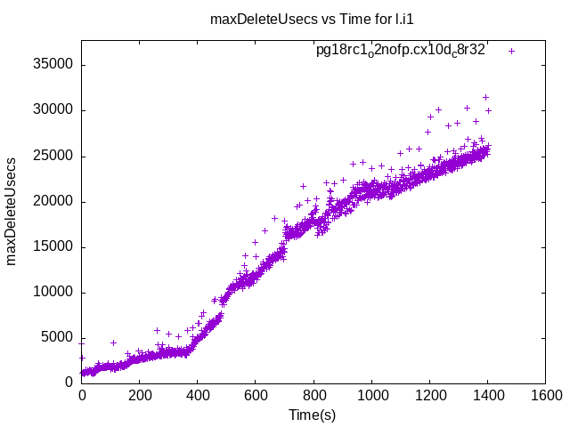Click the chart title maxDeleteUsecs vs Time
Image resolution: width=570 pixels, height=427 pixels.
tap(312, 19)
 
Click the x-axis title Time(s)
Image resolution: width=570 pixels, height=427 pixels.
tap(312, 415)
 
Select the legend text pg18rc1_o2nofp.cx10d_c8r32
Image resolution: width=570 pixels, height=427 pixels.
tap(400, 51)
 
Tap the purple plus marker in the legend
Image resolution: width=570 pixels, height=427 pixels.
tap(511, 52)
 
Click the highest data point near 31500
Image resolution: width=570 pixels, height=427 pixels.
tap(485, 97)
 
